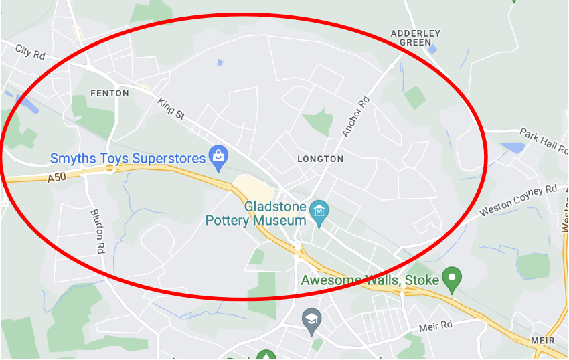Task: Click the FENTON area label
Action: click(109, 93)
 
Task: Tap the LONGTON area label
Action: click(320, 159)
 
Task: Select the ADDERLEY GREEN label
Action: click(416, 37)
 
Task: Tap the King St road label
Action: click(171, 108)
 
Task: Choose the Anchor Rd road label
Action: click(356, 117)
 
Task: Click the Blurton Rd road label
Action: click(98, 228)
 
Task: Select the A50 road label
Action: click(59, 178)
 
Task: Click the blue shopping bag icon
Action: click(218, 157)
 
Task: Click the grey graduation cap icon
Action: click(311, 321)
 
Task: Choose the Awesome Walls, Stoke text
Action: click(370, 280)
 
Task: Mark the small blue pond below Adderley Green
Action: click(432, 49)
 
